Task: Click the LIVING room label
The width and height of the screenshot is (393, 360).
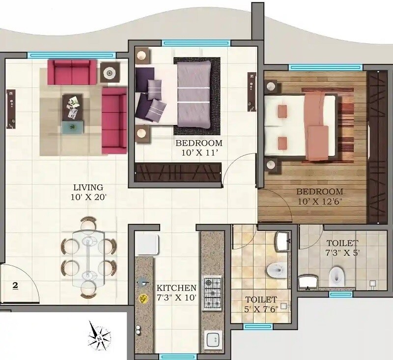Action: tap(88, 187)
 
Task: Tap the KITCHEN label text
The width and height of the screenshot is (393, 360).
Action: tap(177, 287)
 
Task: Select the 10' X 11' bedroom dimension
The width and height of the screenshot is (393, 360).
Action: tap(199, 153)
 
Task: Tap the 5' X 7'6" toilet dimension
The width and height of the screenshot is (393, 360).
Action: tap(262, 309)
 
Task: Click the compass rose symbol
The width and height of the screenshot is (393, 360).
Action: tap(99, 337)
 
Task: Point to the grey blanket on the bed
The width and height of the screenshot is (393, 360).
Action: tap(195, 96)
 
